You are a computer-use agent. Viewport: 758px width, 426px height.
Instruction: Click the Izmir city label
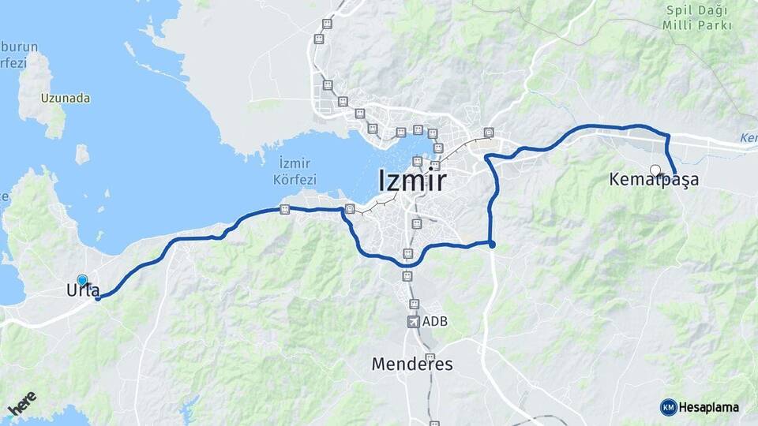(413, 181)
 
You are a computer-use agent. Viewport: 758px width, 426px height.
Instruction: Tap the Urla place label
(78, 291)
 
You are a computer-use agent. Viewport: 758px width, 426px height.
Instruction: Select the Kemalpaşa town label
(654, 180)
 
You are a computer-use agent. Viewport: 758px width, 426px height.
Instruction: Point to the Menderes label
(412, 364)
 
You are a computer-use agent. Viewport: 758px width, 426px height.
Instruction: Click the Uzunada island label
(65, 99)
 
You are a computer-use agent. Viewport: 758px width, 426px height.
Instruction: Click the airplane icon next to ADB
(412, 321)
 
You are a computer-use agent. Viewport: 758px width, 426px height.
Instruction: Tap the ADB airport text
(435, 321)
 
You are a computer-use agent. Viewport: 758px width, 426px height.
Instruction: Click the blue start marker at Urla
(82, 280)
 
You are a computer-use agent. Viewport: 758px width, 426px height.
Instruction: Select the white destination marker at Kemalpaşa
(655, 169)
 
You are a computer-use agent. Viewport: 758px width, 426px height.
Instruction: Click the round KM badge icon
(668, 407)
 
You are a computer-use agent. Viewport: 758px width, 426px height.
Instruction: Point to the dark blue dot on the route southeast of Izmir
(492, 245)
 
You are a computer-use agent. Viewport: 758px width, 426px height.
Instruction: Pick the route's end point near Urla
(97, 297)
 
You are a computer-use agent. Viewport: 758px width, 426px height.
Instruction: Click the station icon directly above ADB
(412, 304)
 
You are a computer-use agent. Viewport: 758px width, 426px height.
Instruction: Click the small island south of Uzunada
(82, 154)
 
